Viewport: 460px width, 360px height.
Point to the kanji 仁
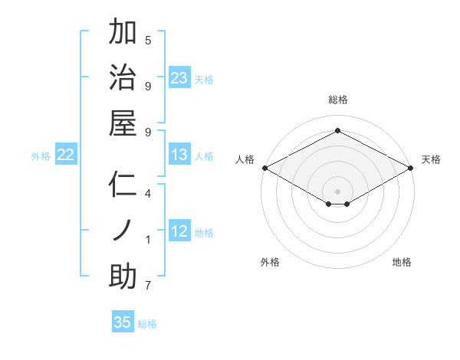[123, 185]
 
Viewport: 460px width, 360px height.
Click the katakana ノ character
[123, 231]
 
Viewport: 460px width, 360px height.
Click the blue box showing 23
[179, 78]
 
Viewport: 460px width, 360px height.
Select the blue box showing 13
[179, 155]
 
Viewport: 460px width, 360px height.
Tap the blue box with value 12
[179, 232]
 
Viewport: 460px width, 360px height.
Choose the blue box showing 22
[66, 155]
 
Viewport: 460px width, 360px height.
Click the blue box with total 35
[123, 322]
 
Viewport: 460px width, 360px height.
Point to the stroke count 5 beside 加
[148, 40]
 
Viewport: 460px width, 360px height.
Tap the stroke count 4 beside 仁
[148, 194]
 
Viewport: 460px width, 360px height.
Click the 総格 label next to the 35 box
[147, 324]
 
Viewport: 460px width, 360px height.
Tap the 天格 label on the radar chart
[431, 159]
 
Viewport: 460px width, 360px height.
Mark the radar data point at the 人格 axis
[264, 167]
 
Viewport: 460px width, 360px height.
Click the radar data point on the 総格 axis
[338, 131]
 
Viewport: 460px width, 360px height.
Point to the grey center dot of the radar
[338, 190]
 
